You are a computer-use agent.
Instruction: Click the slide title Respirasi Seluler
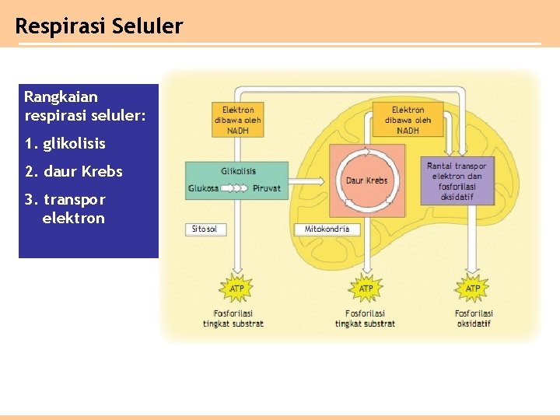click(x=99, y=26)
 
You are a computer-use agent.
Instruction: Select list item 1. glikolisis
click(x=65, y=144)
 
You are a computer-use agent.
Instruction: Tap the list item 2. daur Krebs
click(x=73, y=171)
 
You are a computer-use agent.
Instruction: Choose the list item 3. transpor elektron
click(x=65, y=208)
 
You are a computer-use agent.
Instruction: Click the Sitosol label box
click(x=205, y=229)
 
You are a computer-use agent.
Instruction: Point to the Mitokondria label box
click(x=327, y=229)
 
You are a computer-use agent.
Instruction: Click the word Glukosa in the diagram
click(x=203, y=188)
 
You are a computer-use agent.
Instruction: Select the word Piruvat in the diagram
click(x=267, y=188)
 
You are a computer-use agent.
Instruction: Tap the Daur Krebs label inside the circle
click(x=366, y=180)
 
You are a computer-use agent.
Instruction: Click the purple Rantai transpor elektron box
click(x=457, y=181)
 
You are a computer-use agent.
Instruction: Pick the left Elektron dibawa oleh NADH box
click(x=238, y=121)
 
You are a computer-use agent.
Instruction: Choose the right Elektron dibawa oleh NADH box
click(x=408, y=121)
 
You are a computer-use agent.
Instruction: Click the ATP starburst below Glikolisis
click(x=236, y=289)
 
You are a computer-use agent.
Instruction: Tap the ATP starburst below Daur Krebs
click(x=366, y=289)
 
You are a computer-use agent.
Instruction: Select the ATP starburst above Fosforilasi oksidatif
click(x=472, y=289)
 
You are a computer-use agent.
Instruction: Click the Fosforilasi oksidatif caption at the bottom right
click(x=474, y=319)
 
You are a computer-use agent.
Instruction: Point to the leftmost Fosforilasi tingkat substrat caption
click(x=233, y=319)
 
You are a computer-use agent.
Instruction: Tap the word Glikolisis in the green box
click(x=238, y=171)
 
